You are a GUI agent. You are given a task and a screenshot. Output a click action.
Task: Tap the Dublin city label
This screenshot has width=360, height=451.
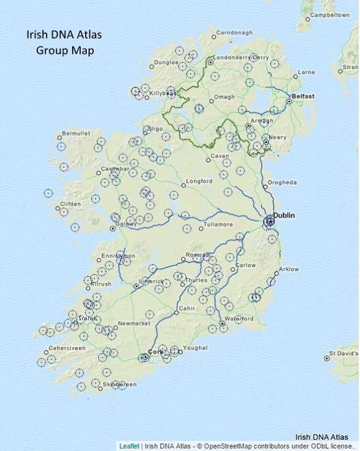point(284,215)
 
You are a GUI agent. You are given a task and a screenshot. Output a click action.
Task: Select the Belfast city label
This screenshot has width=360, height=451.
point(303,96)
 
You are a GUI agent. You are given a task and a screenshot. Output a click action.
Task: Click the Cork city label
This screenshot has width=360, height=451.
point(154,352)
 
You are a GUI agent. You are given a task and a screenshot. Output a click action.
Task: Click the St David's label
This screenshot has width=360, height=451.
point(344,358)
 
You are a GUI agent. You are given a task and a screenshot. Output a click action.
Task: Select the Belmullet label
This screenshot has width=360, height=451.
point(76,133)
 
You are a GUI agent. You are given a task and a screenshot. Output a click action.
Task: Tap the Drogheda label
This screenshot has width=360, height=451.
point(282,182)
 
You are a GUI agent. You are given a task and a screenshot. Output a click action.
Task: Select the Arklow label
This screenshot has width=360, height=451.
point(289,269)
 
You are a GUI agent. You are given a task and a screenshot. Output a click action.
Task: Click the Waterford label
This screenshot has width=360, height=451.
point(239,319)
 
